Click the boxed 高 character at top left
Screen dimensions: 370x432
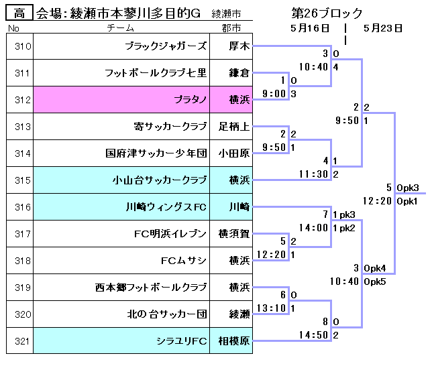pos(19,13)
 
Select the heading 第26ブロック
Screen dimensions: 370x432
pos(327,13)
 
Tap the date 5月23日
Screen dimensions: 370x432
pos(383,28)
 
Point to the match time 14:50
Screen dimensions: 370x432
pos(314,335)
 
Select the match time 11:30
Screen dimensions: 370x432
pos(314,174)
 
